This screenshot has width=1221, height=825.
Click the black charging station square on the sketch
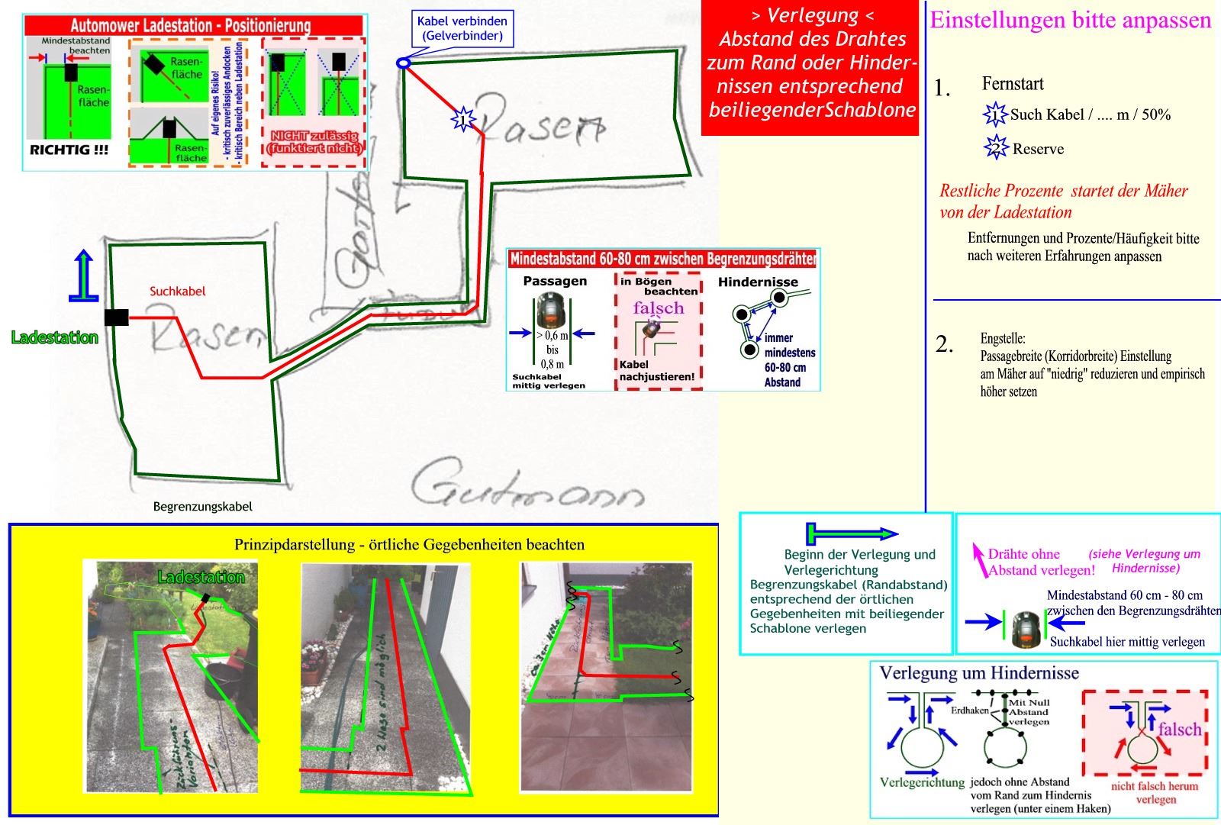pos(117,317)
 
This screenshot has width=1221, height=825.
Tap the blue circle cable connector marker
pos(403,63)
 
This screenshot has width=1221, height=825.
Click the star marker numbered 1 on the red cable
pos(462,118)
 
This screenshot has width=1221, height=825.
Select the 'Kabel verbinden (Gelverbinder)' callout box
pos(462,28)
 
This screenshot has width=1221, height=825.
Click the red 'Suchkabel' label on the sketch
pos(177,291)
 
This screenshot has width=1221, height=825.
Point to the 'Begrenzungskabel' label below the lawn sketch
pos(202,506)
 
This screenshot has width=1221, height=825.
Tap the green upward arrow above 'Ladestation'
pos(84,276)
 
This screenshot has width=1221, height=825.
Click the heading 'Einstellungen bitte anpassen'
pos(1070,20)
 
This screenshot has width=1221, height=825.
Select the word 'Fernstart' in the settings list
pos(1013,84)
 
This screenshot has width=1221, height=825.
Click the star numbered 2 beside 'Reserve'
pos(996,148)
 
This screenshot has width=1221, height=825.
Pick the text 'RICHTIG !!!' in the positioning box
pos(69,150)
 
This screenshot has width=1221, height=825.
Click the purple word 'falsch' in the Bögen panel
pos(658,308)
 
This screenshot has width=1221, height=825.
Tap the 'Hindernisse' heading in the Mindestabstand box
pos(758,282)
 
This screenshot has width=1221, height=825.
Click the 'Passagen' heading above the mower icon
pos(555,281)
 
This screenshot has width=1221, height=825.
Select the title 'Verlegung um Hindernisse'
pos(979,672)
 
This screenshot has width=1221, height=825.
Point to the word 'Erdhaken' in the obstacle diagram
pos(969,711)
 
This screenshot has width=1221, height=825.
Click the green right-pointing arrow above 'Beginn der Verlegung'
pos(852,533)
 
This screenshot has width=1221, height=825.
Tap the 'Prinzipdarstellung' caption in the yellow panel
pos(409,544)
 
